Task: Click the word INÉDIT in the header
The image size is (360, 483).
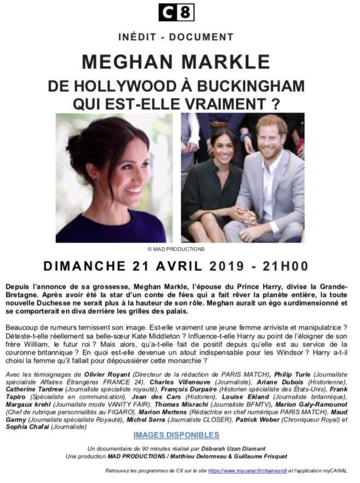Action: [x=138, y=37]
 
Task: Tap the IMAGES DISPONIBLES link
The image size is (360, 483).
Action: [x=176, y=435]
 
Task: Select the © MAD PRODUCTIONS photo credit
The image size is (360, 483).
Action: [x=176, y=249]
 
